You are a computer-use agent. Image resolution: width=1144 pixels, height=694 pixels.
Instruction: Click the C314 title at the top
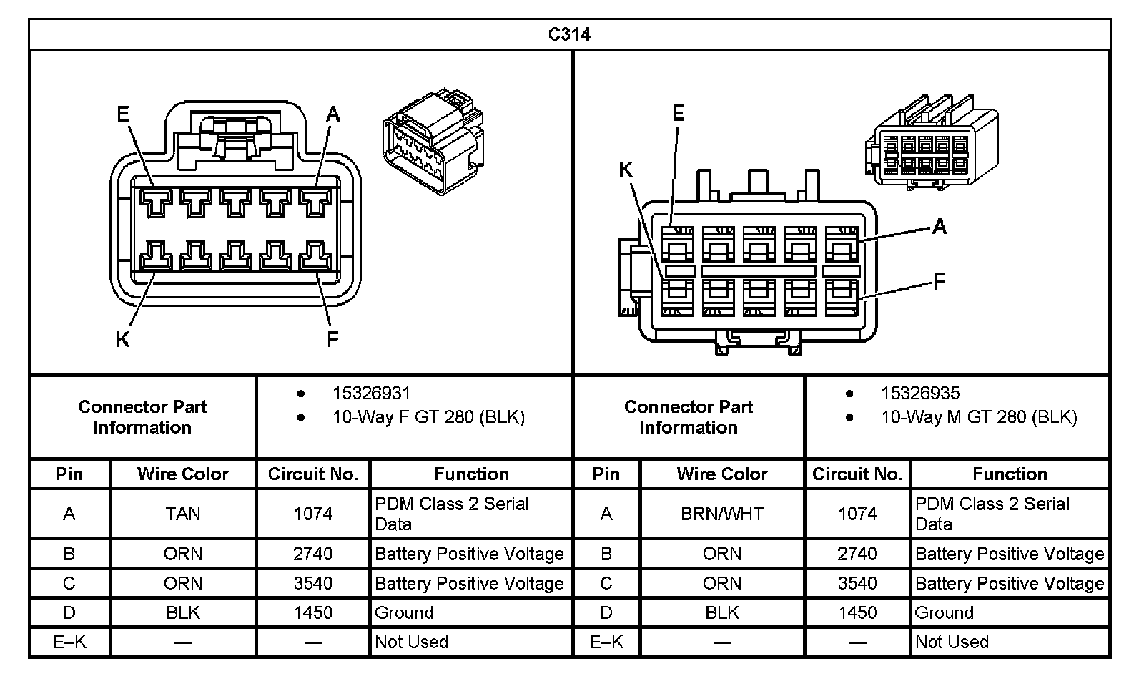coord(569,34)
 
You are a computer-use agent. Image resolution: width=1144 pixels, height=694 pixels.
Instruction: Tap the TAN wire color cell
coord(183,514)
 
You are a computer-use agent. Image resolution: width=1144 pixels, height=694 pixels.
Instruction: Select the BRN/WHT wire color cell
coord(721,514)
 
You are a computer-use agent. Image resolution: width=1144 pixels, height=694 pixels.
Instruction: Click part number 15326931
coord(371,393)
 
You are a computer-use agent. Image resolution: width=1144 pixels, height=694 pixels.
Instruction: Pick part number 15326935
coord(919,393)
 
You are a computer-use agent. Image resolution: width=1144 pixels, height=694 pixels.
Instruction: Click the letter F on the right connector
coord(940,282)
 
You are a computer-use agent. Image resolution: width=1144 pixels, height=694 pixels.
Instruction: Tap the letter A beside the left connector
coord(332,114)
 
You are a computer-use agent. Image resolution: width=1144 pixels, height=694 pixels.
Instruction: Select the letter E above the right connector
coord(678,113)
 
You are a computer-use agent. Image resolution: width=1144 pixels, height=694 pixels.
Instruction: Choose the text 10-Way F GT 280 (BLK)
coord(428,417)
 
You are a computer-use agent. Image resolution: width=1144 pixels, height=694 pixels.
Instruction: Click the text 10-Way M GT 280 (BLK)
coord(978,417)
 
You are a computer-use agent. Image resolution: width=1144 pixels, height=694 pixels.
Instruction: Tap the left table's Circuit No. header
coord(312,474)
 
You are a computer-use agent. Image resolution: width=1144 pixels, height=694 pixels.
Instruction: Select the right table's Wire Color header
coord(721,474)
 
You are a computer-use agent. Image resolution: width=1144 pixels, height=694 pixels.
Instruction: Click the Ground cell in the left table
coord(404,613)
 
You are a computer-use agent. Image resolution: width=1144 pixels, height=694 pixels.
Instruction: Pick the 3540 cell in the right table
coord(857,584)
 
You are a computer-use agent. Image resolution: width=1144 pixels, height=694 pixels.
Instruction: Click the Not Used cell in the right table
coord(951,642)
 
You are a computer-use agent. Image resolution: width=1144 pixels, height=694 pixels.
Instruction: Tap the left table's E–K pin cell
coord(69,642)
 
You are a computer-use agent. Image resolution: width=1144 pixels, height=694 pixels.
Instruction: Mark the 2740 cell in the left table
coord(312,554)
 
